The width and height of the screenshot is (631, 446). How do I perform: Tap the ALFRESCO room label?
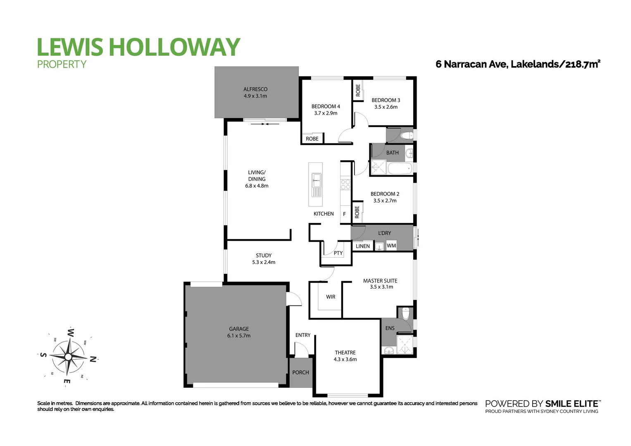click(255, 93)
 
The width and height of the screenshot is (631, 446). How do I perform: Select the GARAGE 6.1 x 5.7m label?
click(238, 332)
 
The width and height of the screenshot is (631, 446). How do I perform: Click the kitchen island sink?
click(316, 180)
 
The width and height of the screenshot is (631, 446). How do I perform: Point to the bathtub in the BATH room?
click(399, 168)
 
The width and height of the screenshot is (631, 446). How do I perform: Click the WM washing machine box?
click(391, 246)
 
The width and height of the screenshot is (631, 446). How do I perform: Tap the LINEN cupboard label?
click(363, 246)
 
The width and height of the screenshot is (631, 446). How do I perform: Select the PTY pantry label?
click(338, 253)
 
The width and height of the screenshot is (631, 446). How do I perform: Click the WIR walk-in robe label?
click(331, 297)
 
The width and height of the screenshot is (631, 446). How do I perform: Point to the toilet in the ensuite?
click(406, 314)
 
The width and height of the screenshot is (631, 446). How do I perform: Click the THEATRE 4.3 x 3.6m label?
click(345, 356)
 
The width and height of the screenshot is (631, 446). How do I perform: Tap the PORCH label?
click(300, 372)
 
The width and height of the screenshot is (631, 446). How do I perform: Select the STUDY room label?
click(264, 259)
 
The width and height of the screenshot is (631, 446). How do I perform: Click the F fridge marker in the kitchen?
click(344, 214)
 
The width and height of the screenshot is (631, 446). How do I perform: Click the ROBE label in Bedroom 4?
click(312, 139)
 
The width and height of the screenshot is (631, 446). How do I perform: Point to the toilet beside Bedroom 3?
click(407, 135)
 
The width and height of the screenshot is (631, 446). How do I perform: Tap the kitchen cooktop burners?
click(345, 184)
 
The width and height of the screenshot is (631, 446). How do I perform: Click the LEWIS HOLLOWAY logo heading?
click(138, 47)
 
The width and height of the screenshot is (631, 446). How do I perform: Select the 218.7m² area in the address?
click(582, 64)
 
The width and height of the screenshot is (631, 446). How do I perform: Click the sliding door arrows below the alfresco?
click(265, 123)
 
